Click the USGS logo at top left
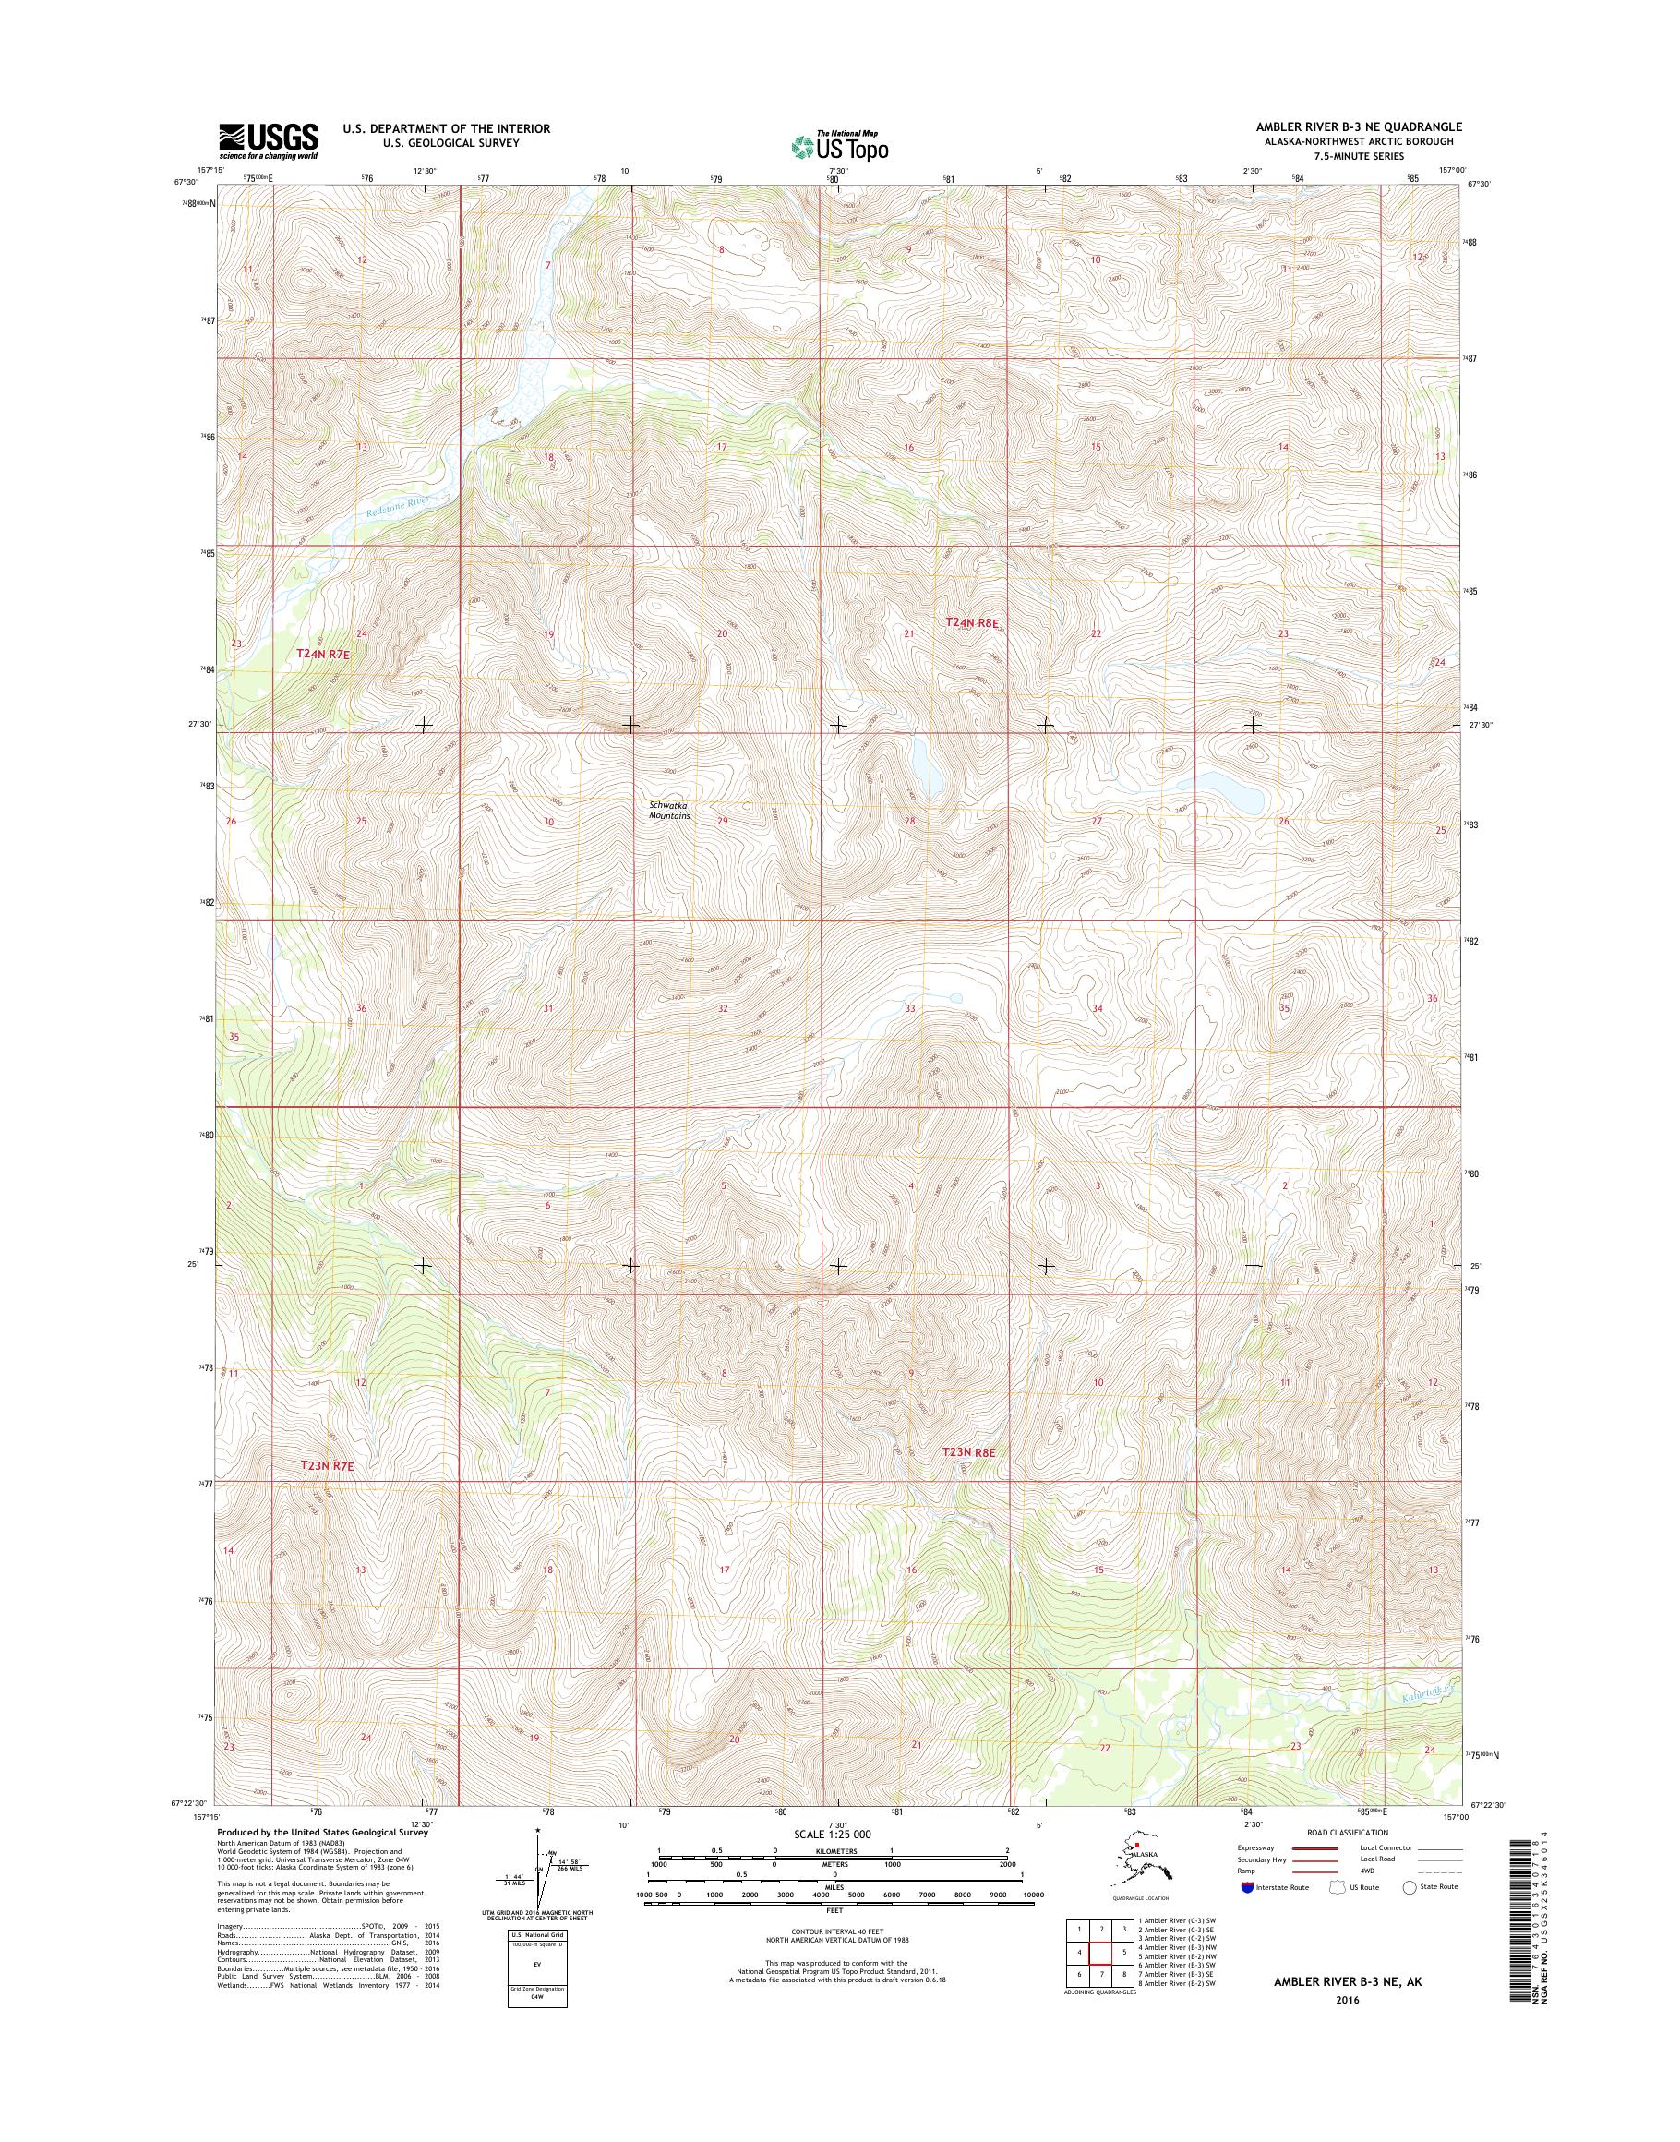269,140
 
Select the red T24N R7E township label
325,654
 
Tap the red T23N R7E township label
327,1493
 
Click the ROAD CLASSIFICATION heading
1347,1832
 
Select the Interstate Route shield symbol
1248,1887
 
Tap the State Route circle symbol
1410,1886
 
